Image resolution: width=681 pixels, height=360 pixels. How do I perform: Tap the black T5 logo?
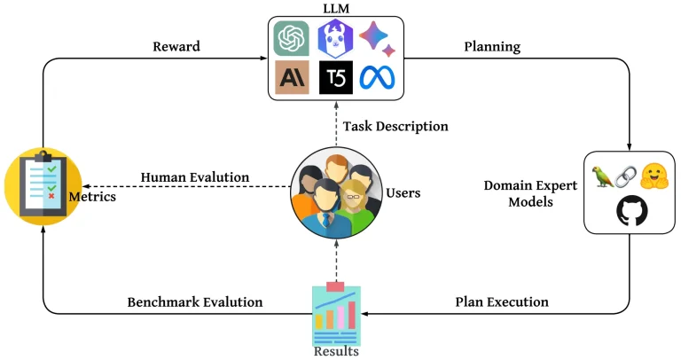[x=336, y=78]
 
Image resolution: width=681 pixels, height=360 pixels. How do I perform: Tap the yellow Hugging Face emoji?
[x=655, y=175]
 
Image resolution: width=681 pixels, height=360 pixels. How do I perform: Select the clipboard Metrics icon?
[x=37, y=186]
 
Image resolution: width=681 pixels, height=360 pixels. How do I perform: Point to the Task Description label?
[x=395, y=126]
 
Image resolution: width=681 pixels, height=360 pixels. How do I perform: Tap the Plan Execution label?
[x=502, y=301]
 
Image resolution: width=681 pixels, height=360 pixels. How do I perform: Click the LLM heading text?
[x=338, y=8]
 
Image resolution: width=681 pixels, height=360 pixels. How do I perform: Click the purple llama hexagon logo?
[x=336, y=39]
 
